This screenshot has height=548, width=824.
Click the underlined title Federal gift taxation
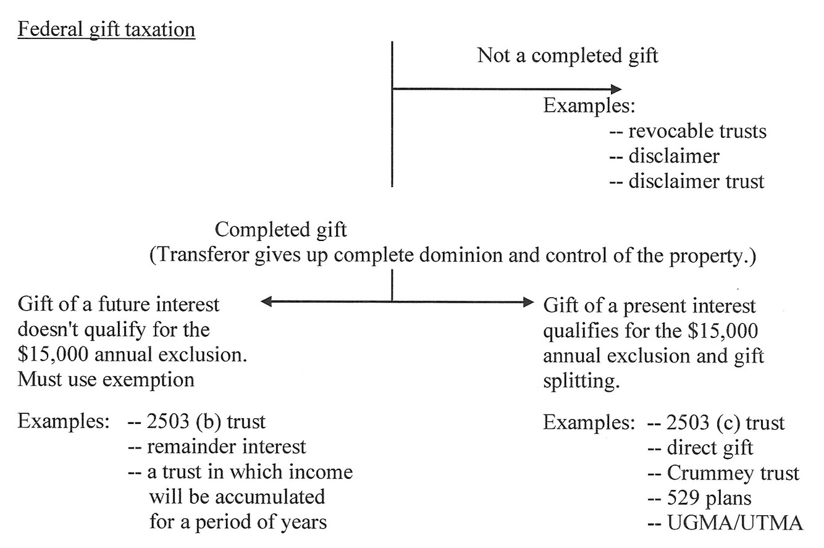(x=106, y=30)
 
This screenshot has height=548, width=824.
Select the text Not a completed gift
(x=568, y=56)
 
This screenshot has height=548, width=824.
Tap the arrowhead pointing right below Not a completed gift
(x=615, y=90)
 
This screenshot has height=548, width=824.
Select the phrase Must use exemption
(x=106, y=379)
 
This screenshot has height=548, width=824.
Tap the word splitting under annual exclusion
(x=581, y=381)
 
